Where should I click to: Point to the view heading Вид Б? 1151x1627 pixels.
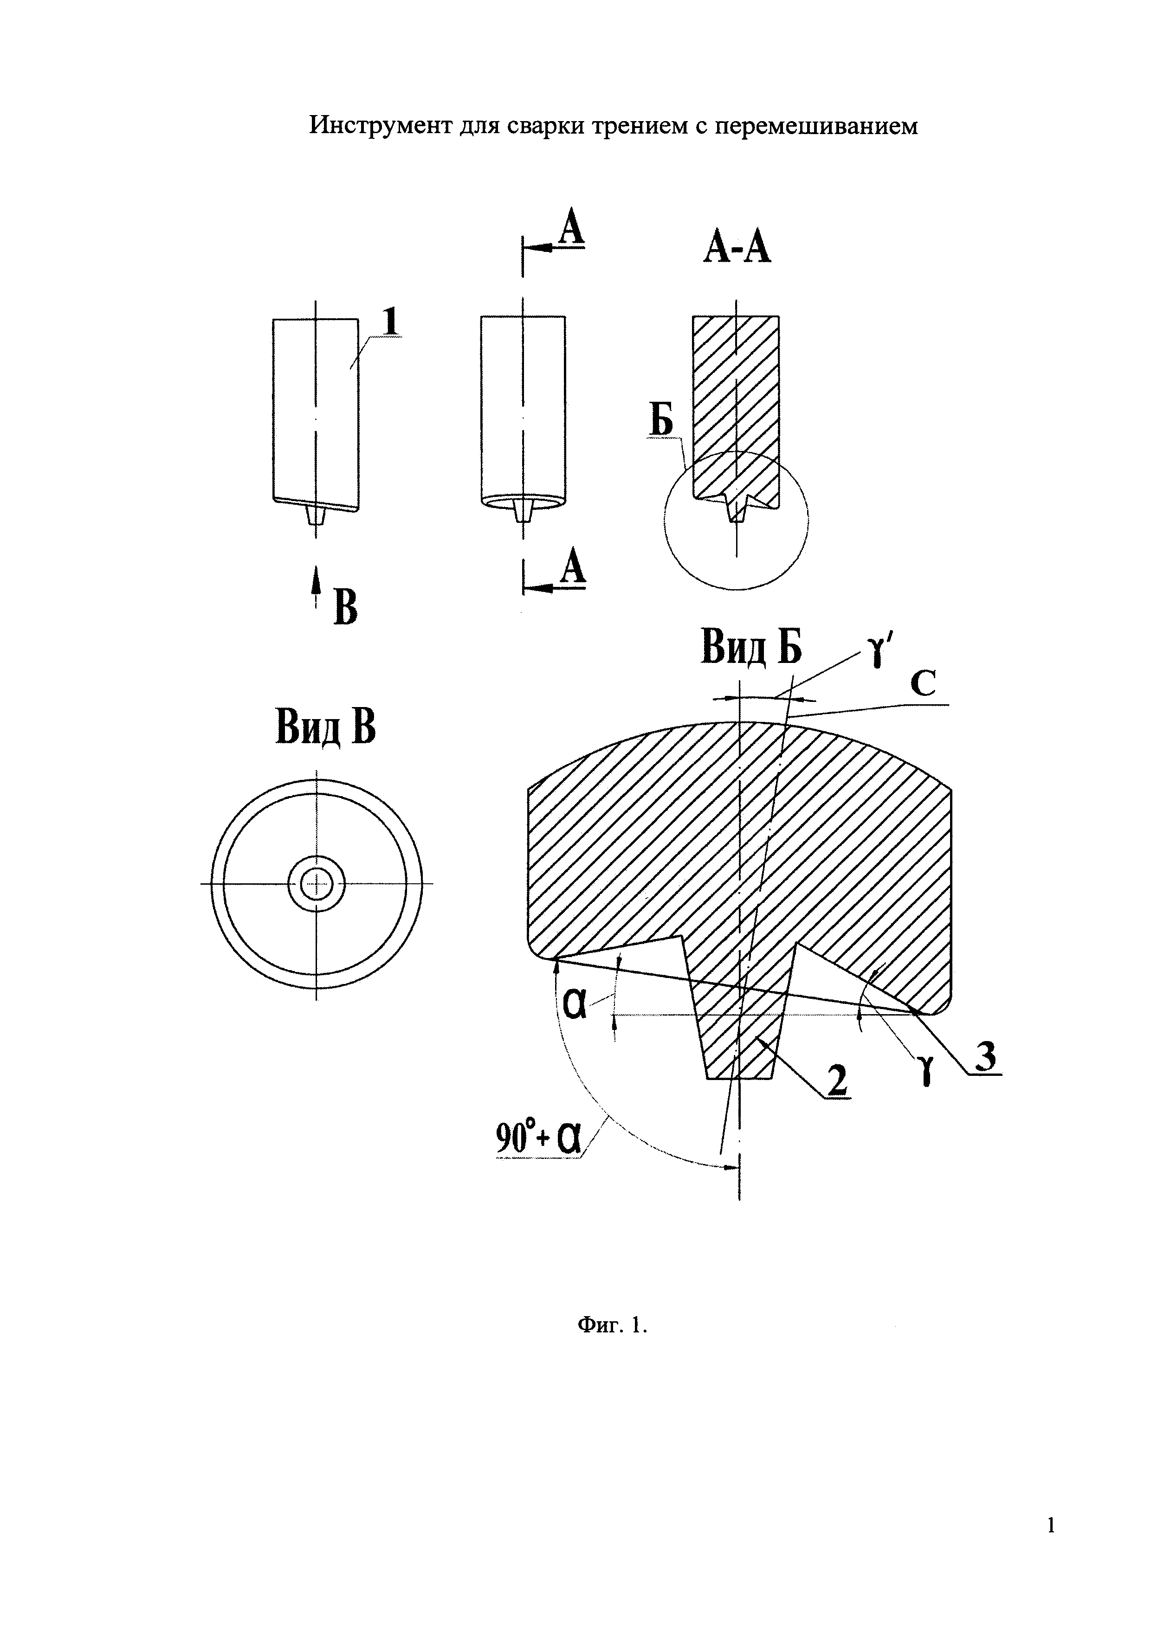[x=751, y=647]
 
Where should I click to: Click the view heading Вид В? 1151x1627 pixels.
[x=325, y=727]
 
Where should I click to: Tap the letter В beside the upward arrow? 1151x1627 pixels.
[x=345, y=608]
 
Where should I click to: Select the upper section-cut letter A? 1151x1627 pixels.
[x=571, y=230]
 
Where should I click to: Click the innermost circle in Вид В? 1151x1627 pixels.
[x=316, y=884]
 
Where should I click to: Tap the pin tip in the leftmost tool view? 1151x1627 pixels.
[x=316, y=524]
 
